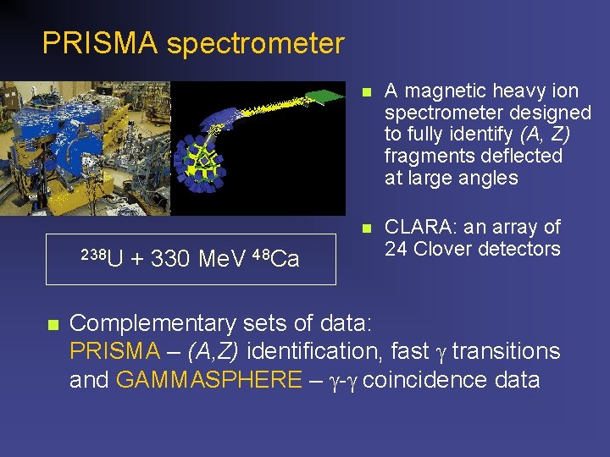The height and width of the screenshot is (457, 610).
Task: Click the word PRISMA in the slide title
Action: point(100,43)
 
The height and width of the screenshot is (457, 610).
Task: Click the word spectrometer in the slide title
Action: point(255,43)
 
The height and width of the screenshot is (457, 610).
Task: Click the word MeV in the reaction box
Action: point(223,259)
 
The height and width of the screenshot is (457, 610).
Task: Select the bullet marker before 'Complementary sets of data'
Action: point(52,324)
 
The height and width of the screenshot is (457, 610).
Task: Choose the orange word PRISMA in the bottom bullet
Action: point(114,351)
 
